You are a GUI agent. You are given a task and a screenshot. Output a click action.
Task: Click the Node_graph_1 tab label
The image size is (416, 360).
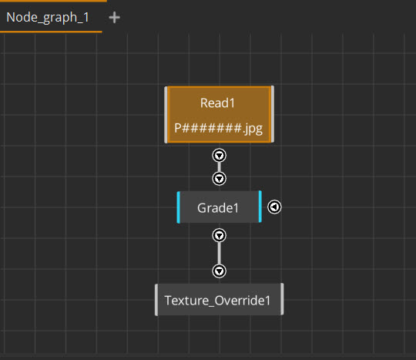point(48,18)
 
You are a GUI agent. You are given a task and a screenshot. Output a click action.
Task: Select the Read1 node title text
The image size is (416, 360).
point(217,103)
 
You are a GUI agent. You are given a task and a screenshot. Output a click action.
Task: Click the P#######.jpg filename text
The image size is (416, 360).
point(218,129)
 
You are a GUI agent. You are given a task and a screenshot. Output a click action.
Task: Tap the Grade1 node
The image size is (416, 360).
point(219,207)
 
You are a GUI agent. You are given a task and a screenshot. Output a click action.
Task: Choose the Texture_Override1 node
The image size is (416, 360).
point(219,299)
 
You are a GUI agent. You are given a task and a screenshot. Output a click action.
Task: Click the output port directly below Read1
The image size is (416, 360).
point(219,156)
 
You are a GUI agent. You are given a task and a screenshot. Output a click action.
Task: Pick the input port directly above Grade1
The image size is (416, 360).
point(219,178)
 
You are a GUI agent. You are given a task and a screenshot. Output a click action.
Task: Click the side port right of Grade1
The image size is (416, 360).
point(274,207)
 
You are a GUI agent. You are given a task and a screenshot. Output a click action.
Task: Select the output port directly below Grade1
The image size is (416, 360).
point(219,235)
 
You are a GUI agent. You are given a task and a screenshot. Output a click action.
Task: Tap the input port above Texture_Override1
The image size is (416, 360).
point(219,271)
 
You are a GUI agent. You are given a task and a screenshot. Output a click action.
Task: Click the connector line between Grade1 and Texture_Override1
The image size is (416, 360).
point(219,254)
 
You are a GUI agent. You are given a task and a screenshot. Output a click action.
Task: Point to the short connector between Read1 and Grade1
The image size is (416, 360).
point(219,167)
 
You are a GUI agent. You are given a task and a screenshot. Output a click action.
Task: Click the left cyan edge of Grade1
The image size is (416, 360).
point(178,207)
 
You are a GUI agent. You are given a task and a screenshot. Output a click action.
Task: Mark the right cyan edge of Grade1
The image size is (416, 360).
point(260,207)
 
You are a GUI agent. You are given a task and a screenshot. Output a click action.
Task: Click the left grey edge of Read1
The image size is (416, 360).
point(166,115)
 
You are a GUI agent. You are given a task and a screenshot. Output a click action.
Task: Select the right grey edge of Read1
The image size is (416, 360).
point(273,114)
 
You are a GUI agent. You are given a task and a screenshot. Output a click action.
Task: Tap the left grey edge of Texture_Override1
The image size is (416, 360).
point(156,300)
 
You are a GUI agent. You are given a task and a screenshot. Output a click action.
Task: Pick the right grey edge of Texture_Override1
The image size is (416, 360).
point(282,299)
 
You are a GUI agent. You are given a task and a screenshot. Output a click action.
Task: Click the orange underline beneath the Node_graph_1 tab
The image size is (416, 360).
point(51,32)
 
